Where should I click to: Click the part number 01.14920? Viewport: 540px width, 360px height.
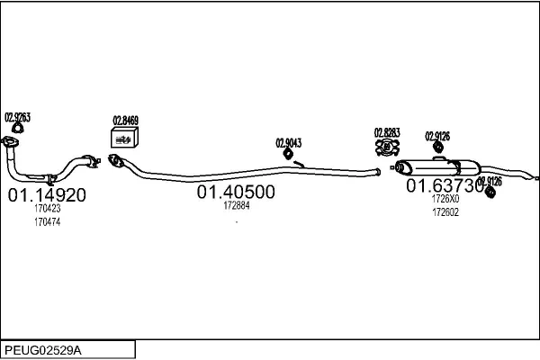[x=47, y=195]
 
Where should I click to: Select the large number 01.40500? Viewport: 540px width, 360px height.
[x=236, y=192]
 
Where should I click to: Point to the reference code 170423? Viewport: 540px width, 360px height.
[x=47, y=210]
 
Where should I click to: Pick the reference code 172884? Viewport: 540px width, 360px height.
[x=236, y=205]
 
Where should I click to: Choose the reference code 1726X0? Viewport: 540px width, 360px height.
[x=445, y=199]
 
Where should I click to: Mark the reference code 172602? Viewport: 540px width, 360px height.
[x=445, y=212]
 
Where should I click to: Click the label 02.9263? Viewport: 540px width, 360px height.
[x=18, y=117]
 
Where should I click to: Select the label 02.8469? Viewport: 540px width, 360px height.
[x=125, y=120]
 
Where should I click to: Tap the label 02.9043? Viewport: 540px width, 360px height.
[x=288, y=142]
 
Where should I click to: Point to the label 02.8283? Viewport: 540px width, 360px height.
[x=387, y=132]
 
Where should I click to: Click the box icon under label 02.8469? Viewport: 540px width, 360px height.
[x=123, y=137]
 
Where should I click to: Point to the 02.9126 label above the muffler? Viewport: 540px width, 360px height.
[x=437, y=136]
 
